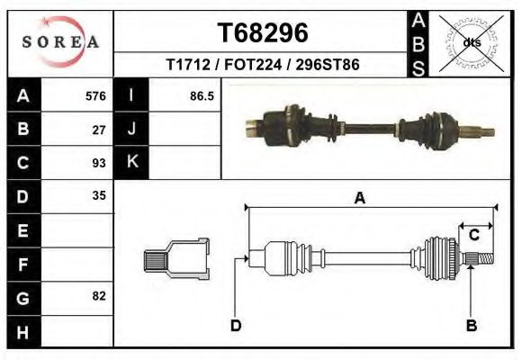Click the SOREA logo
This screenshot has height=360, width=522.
(x=60, y=42)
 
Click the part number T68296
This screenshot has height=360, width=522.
(x=263, y=33)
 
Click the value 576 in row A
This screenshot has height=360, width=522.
(x=95, y=96)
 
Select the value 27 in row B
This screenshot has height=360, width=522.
(x=99, y=130)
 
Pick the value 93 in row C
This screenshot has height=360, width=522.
(x=99, y=163)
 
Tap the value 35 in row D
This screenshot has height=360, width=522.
(x=99, y=195)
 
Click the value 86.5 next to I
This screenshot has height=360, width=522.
(x=202, y=96)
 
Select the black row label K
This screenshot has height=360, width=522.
(x=132, y=162)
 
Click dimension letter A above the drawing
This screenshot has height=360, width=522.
(x=360, y=199)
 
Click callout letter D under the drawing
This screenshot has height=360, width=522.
(x=236, y=325)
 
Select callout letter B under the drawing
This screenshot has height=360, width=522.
(x=472, y=325)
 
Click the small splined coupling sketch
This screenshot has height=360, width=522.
(x=176, y=259)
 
